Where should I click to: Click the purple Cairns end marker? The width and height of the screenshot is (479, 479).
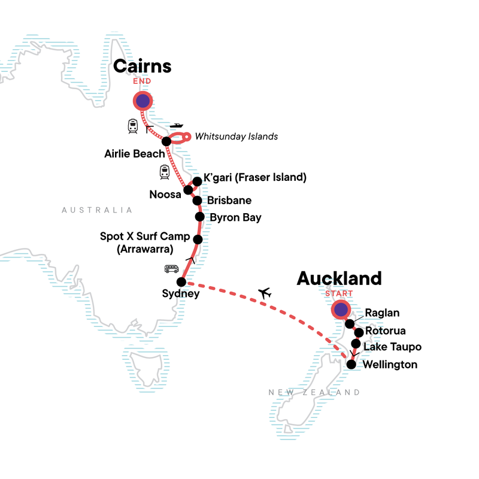click(143, 102)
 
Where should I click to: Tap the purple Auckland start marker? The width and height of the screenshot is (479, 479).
click(341, 310)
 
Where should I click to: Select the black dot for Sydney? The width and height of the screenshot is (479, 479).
click(181, 281)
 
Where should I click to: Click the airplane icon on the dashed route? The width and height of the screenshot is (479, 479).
click(264, 293)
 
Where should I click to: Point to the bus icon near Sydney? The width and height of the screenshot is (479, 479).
click(171, 269)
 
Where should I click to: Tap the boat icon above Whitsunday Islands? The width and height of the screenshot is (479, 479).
click(177, 126)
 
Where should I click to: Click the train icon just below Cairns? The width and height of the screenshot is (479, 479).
click(133, 126)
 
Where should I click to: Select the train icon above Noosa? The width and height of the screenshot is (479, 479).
click(165, 172)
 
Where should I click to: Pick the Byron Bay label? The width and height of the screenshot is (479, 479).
click(237, 217)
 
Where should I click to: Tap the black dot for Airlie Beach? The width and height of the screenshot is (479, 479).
click(166, 141)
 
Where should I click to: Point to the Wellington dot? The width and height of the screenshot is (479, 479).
click(351, 364)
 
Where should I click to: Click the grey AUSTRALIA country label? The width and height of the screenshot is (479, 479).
click(96, 210)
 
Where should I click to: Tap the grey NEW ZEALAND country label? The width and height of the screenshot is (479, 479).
click(314, 392)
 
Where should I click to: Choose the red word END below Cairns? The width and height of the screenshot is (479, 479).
click(143, 81)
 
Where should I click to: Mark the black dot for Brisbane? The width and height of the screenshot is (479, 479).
click(196, 201)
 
